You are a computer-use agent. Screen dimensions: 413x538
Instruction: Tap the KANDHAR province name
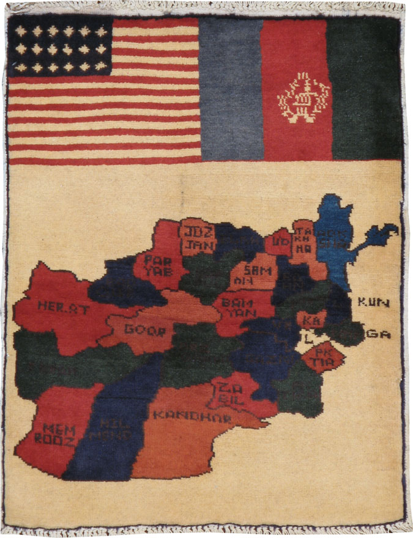(192, 418)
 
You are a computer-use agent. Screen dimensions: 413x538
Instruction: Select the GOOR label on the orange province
(145, 330)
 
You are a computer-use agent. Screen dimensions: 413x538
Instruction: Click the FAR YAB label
(158, 267)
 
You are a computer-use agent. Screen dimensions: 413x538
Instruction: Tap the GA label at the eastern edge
(380, 334)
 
